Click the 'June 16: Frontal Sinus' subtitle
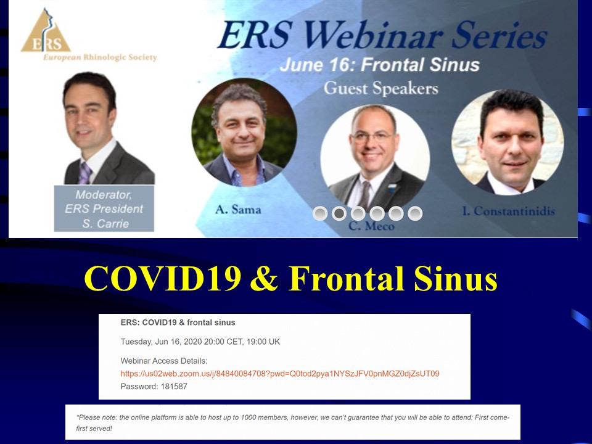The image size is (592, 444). pos(379,65)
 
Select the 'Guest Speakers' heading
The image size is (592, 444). pos(380,88)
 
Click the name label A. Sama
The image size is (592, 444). pos(238,209)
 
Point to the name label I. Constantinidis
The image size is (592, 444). pos(509,211)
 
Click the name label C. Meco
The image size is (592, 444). pos(371,226)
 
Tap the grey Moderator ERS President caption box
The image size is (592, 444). pos(104,208)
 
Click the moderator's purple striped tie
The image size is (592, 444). pos(85,173)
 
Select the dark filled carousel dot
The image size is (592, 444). pos(339,214)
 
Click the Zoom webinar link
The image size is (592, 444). pos(280,374)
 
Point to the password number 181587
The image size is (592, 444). pos(174,387)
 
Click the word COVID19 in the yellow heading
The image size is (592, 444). pos(163,279)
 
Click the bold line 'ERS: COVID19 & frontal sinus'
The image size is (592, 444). pos(178,323)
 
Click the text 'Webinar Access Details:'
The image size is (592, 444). pos(164,361)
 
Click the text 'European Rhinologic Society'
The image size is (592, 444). pos(100,57)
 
